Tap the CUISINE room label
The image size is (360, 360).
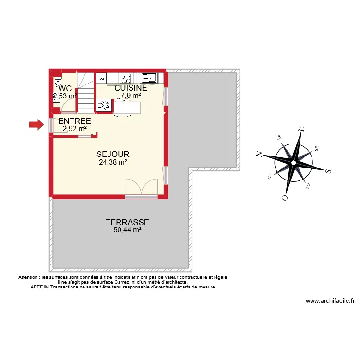click(x=131, y=88)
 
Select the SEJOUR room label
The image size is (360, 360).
click(x=113, y=155)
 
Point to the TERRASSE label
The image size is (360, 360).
click(x=127, y=223)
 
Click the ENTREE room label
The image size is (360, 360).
click(x=74, y=121)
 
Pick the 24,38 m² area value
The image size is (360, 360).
click(x=113, y=163)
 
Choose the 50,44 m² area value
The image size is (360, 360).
click(x=127, y=230)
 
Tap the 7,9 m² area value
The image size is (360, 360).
click(x=131, y=96)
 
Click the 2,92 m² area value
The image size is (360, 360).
click(x=74, y=129)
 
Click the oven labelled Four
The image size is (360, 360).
click(x=101, y=77)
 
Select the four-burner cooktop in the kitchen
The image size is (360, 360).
click(x=126, y=78)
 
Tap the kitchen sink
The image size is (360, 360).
click(x=147, y=77)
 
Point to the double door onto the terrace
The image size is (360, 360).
click(x=141, y=188)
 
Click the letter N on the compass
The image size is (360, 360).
click(x=259, y=154)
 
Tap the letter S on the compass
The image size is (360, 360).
click(x=328, y=171)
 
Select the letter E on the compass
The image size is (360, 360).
click(x=301, y=129)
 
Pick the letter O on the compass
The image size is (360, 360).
click(x=285, y=197)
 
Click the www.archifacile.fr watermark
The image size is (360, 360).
click(x=330, y=301)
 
